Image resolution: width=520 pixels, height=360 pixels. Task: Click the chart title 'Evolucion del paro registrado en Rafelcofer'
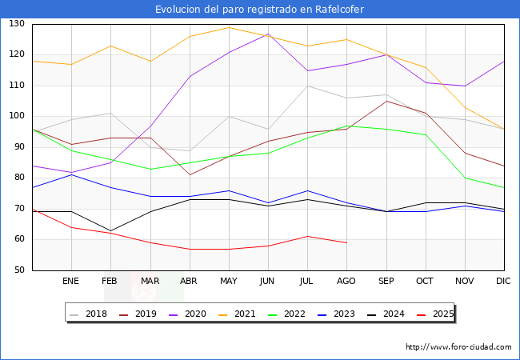(260, 9)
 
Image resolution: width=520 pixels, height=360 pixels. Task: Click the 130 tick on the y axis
(16, 25)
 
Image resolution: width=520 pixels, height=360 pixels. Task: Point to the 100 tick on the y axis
(16, 117)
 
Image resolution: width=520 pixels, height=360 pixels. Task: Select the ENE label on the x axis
(71, 282)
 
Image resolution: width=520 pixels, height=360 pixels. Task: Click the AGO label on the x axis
(346, 282)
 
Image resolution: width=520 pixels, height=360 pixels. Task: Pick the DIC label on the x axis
(503, 282)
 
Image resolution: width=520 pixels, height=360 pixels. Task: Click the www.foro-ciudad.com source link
(458, 347)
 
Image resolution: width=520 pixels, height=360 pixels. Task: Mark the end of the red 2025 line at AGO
(346, 242)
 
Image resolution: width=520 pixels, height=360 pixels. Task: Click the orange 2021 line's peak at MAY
(229, 27)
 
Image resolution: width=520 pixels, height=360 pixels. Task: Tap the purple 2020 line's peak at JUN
(268, 34)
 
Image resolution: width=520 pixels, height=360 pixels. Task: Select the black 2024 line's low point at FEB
(110, 230)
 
